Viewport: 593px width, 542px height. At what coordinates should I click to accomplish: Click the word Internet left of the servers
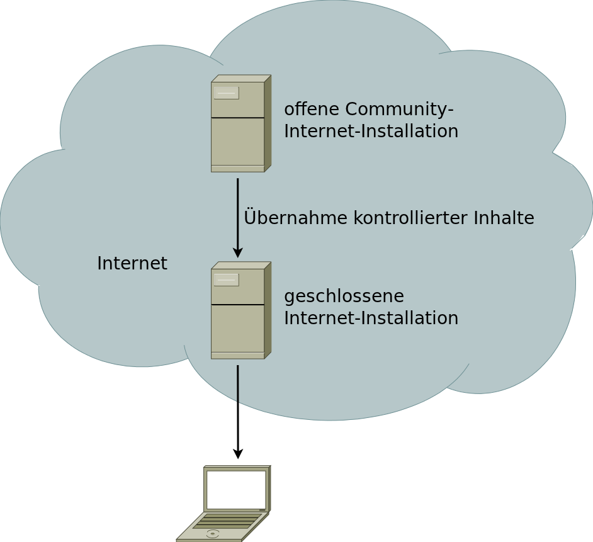(x=132, y=263)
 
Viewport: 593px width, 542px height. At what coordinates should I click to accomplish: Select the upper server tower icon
(x=240, y=124)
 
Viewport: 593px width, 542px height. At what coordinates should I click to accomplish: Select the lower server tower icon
(x=240, y=311)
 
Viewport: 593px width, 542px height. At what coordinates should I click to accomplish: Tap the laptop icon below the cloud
(x=224, y=504)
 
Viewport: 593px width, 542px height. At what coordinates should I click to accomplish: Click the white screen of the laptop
(x=236, y=489)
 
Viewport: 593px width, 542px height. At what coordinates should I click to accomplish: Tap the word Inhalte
(x=504, y=218)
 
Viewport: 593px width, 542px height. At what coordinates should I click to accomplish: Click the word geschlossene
(x=344, y=296)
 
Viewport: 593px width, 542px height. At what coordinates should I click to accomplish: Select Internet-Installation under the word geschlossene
(x=371, y=318)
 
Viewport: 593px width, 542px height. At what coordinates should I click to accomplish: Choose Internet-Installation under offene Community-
(x=371, y=132)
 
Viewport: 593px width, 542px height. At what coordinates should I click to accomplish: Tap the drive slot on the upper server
(x=226, y=93)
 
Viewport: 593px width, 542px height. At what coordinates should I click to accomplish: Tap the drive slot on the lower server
(x=226, y=279)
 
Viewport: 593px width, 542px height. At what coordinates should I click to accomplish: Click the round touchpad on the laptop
(x=213, y=534)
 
